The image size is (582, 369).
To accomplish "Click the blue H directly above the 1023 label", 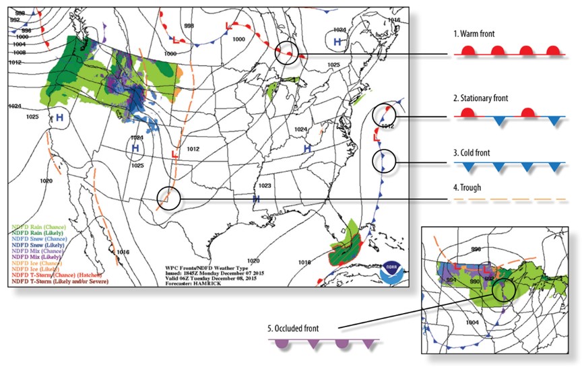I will pyautogui.click(x=256, y=199).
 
